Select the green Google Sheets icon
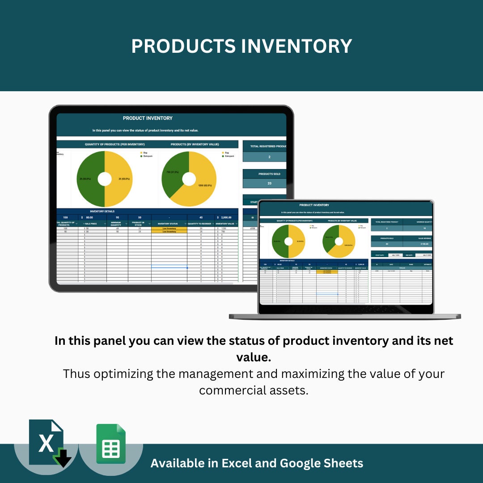pyautogui.click(x=111, y=444)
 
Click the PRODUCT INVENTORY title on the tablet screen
pyautogui.click(x=148, y=118)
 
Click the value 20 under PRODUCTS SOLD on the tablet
pyautogui.click(x=269, y=183)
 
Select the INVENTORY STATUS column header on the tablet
pyautogui.click(x=168, y=224)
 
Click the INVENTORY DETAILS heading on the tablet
pyautogui.click(x=102, y=211)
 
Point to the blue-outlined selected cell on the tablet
pyautogui.click(x=169, y=267)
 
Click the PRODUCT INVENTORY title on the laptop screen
pyautogui.click(x=314, y=205)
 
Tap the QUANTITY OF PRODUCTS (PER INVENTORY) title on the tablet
pyautogui.click(x=115, y=144)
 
